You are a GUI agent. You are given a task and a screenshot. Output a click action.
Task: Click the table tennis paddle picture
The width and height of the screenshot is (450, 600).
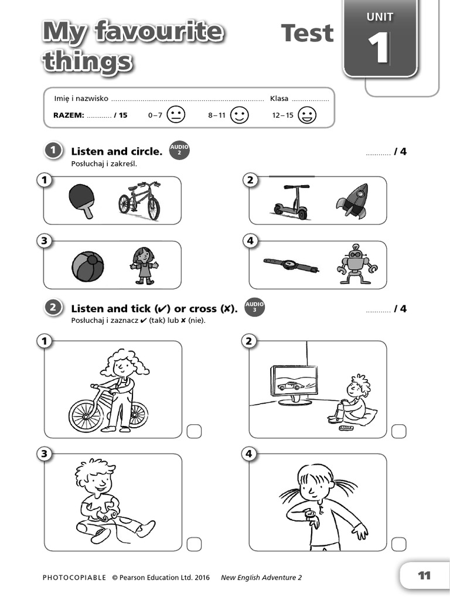80,199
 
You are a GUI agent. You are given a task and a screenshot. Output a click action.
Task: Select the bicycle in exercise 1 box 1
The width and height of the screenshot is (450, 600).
139,201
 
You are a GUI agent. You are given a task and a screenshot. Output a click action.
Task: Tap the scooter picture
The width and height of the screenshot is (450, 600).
291,203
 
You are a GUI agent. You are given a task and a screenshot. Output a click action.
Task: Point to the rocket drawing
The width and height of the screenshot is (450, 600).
352,201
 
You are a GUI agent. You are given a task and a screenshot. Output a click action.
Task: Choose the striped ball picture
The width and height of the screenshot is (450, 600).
88,267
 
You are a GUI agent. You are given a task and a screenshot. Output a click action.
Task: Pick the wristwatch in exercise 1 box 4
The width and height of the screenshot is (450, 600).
291,264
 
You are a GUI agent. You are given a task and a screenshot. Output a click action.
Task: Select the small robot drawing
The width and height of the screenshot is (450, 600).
357,265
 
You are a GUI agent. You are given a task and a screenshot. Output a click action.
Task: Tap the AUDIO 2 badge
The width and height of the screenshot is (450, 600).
179,151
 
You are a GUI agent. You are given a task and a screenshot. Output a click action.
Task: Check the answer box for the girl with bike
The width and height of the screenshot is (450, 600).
194,432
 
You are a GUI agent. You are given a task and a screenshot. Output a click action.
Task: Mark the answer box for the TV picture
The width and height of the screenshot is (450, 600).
398,432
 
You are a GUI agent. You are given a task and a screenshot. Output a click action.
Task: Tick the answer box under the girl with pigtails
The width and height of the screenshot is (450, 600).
398,544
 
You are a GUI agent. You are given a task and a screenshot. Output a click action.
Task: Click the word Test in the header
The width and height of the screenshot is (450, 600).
307,33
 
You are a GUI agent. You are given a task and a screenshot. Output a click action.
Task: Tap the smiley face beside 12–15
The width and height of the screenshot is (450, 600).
307,115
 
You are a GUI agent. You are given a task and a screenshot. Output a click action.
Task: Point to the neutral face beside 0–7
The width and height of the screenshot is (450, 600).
175,115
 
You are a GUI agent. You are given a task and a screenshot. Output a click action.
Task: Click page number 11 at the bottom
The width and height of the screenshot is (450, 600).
424,576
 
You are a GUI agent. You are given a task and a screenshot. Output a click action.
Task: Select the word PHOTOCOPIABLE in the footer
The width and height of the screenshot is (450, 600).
74,578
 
